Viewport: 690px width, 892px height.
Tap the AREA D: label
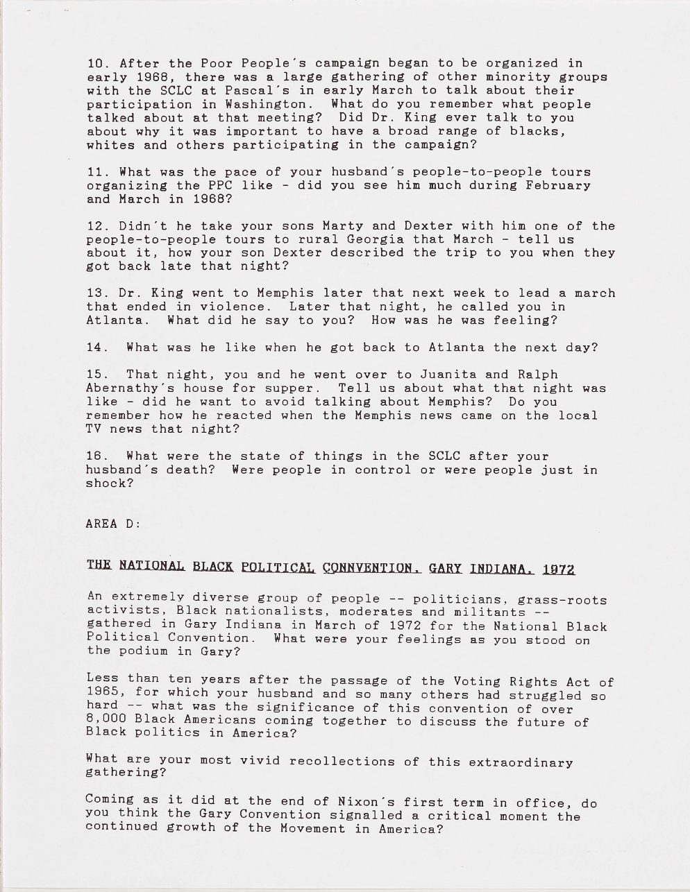coord(113,524)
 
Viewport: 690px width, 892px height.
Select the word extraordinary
coord(521,763)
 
